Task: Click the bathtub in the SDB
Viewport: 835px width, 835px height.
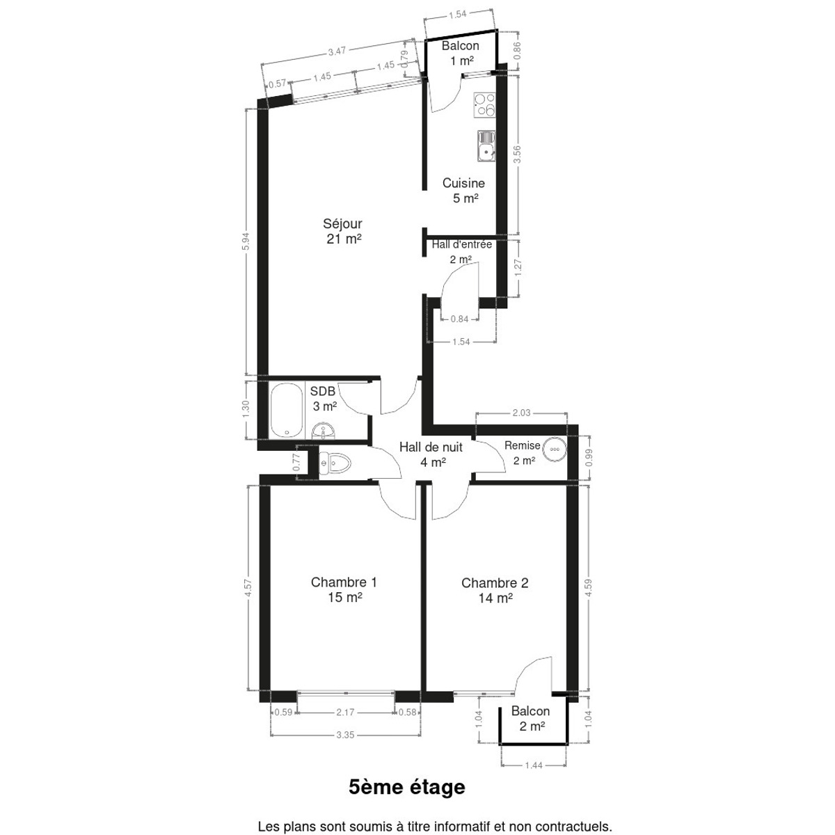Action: (x=286, y=411)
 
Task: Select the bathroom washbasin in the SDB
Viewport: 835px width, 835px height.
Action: (x=323, y=430)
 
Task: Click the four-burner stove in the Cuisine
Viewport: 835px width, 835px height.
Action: (x=484, y=105)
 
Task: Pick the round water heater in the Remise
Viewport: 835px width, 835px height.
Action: (x=555, y=449)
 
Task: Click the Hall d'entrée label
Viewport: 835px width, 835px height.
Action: (x=461, y=244)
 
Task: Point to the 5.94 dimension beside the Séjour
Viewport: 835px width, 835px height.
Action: (x=246, y=241)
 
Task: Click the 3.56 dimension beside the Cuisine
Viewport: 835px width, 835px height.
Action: (x=517, y=154)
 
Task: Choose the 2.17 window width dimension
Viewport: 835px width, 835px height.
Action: (x=345, y=712)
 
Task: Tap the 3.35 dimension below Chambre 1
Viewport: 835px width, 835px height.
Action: (x=345, y=735)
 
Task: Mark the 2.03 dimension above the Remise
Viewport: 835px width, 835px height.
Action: (x=521, y=413)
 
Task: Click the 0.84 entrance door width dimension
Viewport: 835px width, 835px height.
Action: (x=459, y=319)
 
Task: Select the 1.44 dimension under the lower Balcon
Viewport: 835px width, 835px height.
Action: (x=534, y=765)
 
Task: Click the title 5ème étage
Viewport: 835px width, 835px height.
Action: (x=407, y=787)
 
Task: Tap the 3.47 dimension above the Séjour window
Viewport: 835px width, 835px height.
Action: (x=337, y=51)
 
